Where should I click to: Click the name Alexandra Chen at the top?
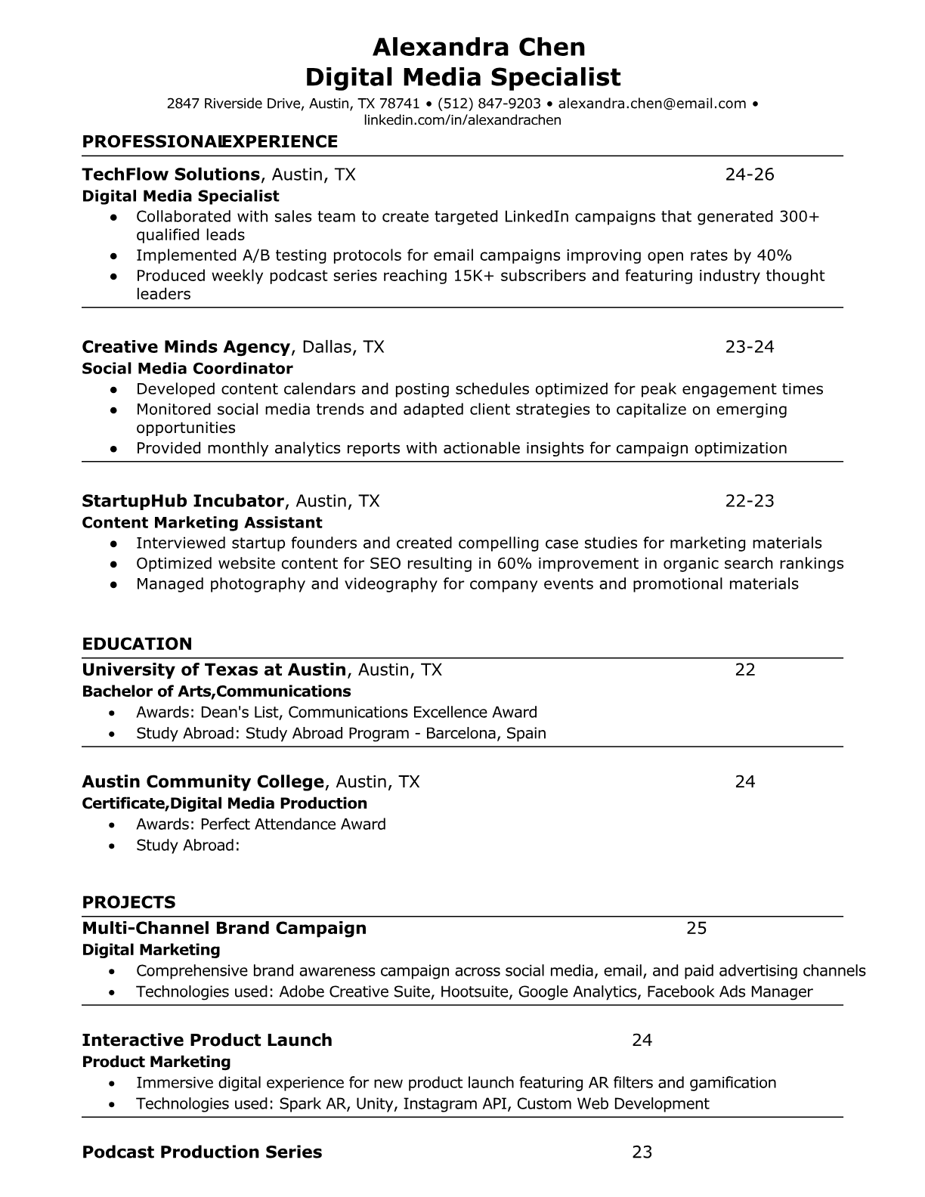pos(479,48)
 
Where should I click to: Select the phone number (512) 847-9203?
pos(489,104)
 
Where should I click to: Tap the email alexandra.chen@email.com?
pos(652,104)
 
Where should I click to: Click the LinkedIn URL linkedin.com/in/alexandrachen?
pos(462,120)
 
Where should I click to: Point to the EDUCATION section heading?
pos(137,644)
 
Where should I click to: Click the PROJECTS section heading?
pos(128,902)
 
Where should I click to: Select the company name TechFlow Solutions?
pos(171,175)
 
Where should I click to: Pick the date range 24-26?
pos(750,175)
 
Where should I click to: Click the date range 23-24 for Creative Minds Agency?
pos(750,347)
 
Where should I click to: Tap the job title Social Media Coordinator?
pos(187,369)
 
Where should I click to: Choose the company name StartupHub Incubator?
pos(183,501)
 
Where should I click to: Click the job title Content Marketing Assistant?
pos(202,523)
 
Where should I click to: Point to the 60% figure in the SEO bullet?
pos(514,564)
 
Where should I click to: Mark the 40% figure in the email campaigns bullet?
pos(774,255)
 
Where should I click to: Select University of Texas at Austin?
pos(214,670)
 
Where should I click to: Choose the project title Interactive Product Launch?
pos(207,1041)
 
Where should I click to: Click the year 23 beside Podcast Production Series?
pos(642,1152)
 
